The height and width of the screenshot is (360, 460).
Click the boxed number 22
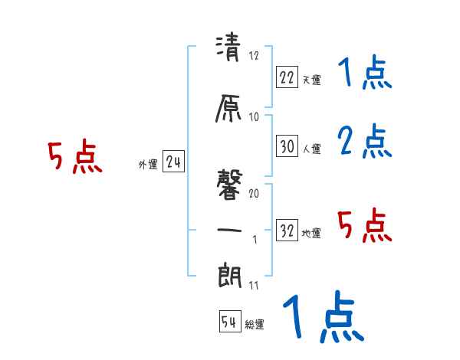coord(287,76)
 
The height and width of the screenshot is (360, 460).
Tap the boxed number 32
coord(287,231)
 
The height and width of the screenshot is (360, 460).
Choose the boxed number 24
coord(174,162)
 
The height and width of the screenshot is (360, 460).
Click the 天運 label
coord(311,79)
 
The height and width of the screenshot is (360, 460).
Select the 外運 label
coord(147,164)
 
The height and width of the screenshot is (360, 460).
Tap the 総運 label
coord(255,325)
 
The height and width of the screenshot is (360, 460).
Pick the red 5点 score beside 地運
coord(364,225)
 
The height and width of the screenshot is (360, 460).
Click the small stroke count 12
coord(255,56)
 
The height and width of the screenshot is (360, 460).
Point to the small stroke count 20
coord(254,194)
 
